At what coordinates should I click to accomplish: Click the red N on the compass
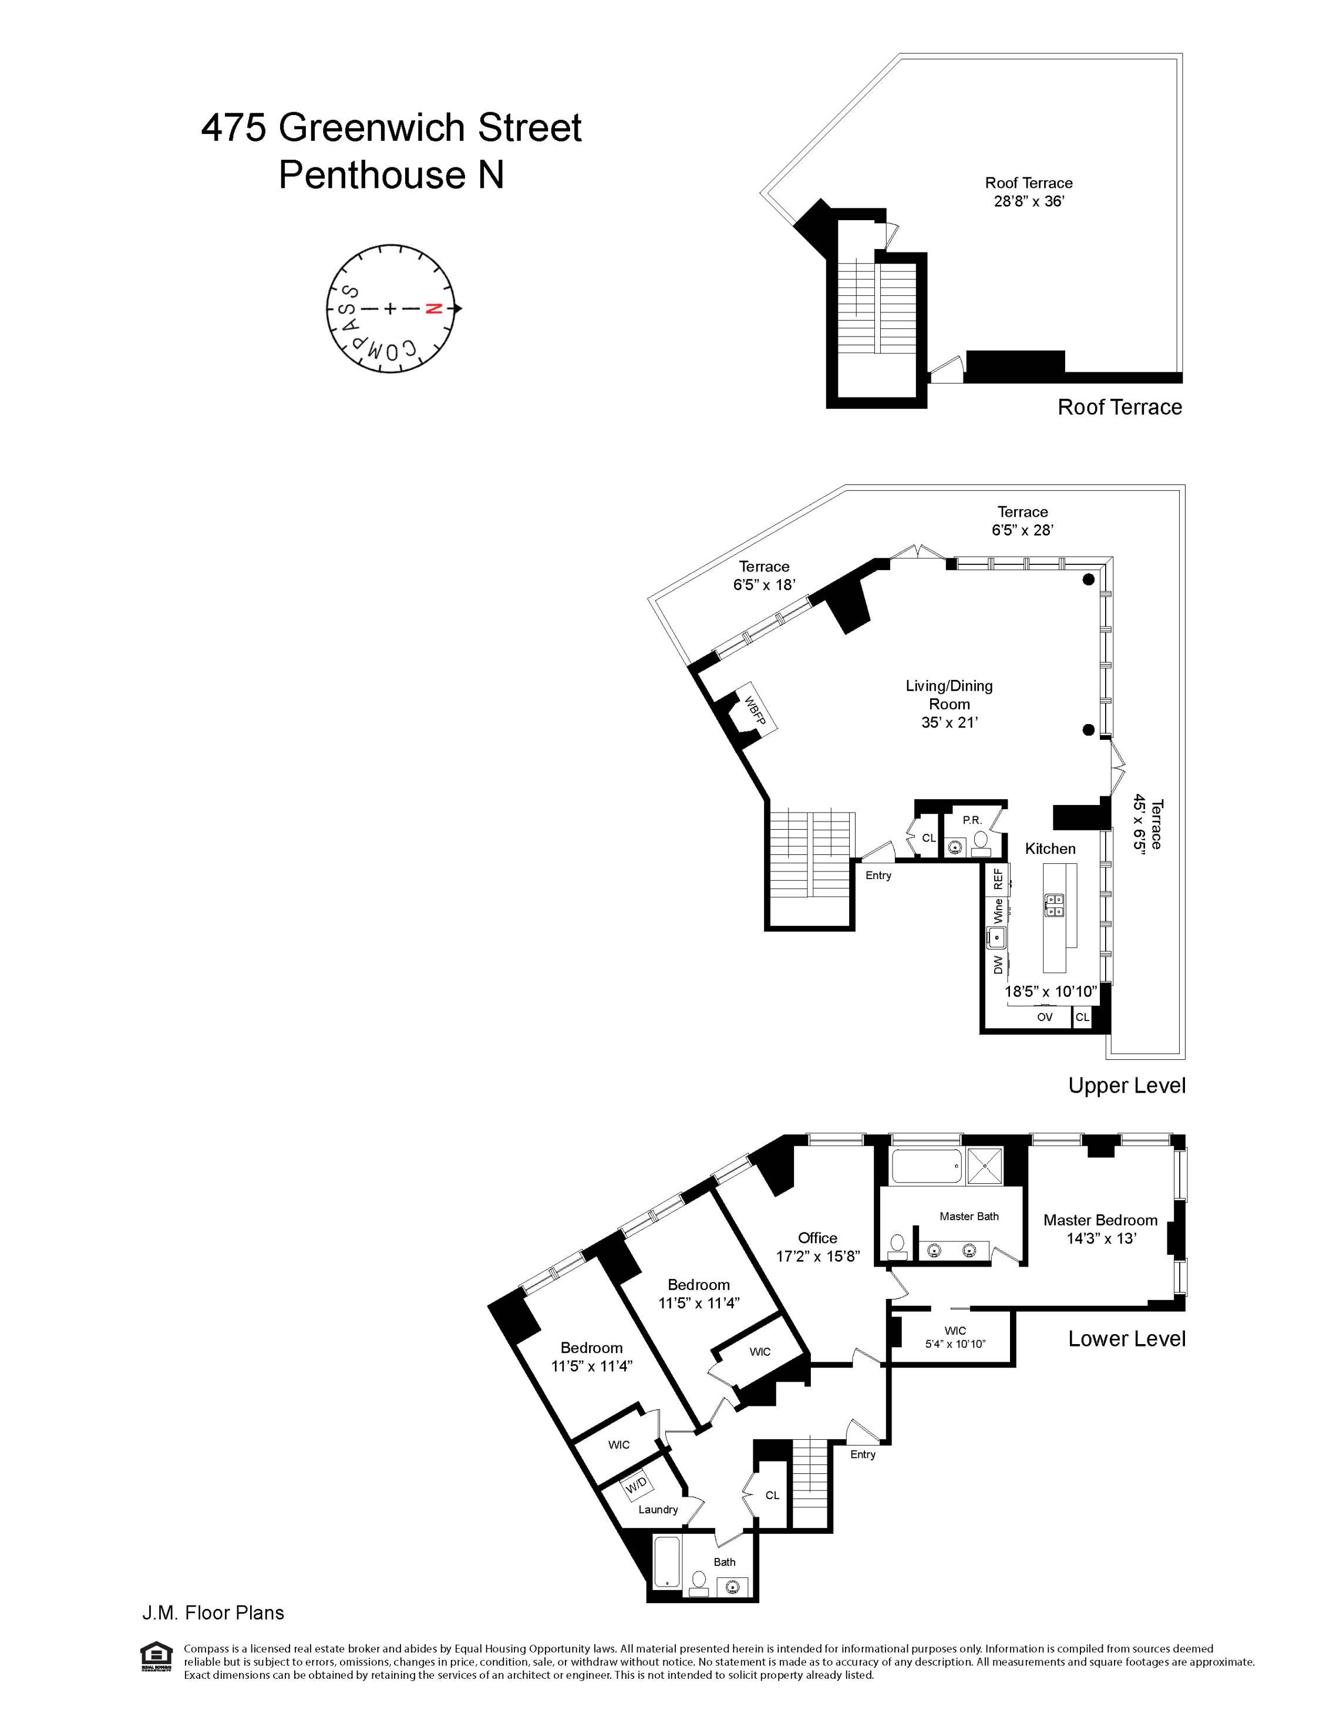pyautogui.click(x=433, y=309)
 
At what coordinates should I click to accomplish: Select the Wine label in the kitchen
pyautogui.click(x=998, y=911)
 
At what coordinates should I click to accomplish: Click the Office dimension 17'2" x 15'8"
pyautogui.click(x=817, y=1256)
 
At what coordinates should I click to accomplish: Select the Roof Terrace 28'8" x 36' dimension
pyautogui.click(x=1029, y=201)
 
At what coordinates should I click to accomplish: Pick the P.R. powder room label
pyautogui.click(x=972, y=820)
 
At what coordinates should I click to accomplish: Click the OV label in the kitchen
pyautogui.click(x=1045, y=1017)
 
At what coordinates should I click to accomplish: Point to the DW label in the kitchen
pyautogui.click(x=998, y=965)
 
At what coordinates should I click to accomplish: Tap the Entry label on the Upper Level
pyautogui.click(x=878, y=875)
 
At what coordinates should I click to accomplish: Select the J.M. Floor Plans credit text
pyautogui.click(x=213, y=1612)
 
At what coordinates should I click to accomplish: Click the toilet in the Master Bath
pyautogui.click(x=898, y=1247)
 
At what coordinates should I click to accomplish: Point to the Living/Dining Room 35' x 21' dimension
pyautogui.click(x=950, y=722)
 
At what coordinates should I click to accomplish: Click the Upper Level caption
pyautogui.click(x=1126, y=1085)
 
